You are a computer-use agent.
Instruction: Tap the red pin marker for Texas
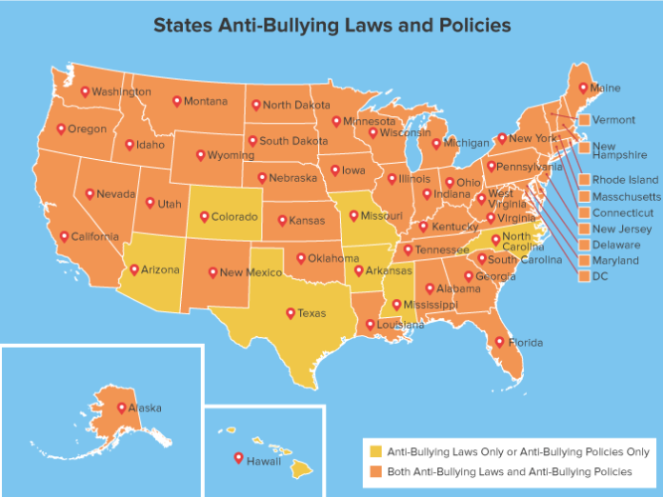pyautogui.click(x=291, y=311)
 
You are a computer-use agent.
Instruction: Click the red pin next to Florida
pyautogui.click(x=499, y=341)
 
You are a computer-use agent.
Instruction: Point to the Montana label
pyautogui.click(x=206, y=102)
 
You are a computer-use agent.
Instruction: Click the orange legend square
pyautogui.click(x=375, y=471)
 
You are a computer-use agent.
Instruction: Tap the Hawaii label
pyautogui.click(x=264, y=462)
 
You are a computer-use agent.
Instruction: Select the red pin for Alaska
pyautogui.click(x=121, y=407)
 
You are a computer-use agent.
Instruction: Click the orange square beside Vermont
pyautogui.click(x=583, y=121)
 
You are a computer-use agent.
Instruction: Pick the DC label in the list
pyautogui.click(x=600, y=276)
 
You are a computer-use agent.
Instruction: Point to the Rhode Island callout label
pyautogui.click(x=624, y=180)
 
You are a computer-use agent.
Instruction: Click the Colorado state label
pyautogui.click(x=234, y=217)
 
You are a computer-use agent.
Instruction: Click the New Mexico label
pyautogui.click(x=250, y=272)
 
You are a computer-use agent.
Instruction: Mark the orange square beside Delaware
pyautogui.click(x=583, y=245)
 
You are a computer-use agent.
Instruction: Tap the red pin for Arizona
pyautogui.click(x=134, y=268)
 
